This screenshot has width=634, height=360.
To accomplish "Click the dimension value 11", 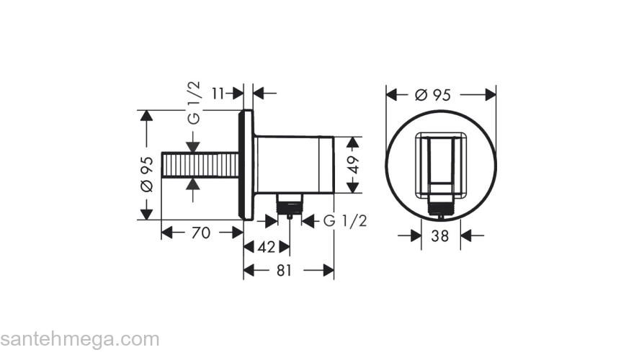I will (x=219, y=93).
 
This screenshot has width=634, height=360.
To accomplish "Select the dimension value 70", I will (x=202, y=233).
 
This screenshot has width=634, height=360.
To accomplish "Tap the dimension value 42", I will (x=266, y=247).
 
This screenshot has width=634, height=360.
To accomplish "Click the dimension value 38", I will (x=440, y=235).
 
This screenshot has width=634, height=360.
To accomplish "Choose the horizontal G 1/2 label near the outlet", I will (x=344, y=221).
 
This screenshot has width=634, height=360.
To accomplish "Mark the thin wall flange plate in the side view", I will (x=248, y=165).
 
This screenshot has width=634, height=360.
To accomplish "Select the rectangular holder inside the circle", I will (x=440, y=164).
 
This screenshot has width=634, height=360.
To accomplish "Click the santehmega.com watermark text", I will (x=79, y=339).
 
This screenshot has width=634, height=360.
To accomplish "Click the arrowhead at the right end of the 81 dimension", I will (x=329, y=271).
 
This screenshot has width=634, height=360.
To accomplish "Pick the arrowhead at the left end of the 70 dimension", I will (x=166, y=233).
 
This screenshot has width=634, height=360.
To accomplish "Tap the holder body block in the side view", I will (x=295, y=164).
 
